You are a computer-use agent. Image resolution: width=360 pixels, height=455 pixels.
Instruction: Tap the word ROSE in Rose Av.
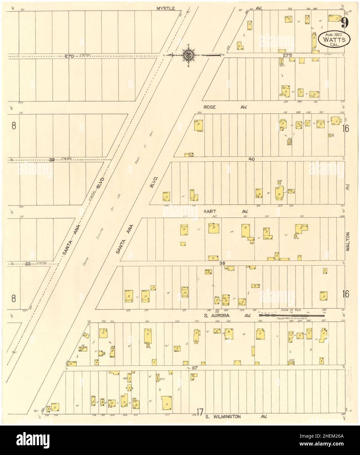coord(209,107)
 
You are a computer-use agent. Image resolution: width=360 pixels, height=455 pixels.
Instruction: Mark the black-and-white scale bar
coord(288,315)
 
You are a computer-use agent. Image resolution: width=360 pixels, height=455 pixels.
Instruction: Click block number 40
coord(251,159)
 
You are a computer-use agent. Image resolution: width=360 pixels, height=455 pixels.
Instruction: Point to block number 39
coord(51,160)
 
